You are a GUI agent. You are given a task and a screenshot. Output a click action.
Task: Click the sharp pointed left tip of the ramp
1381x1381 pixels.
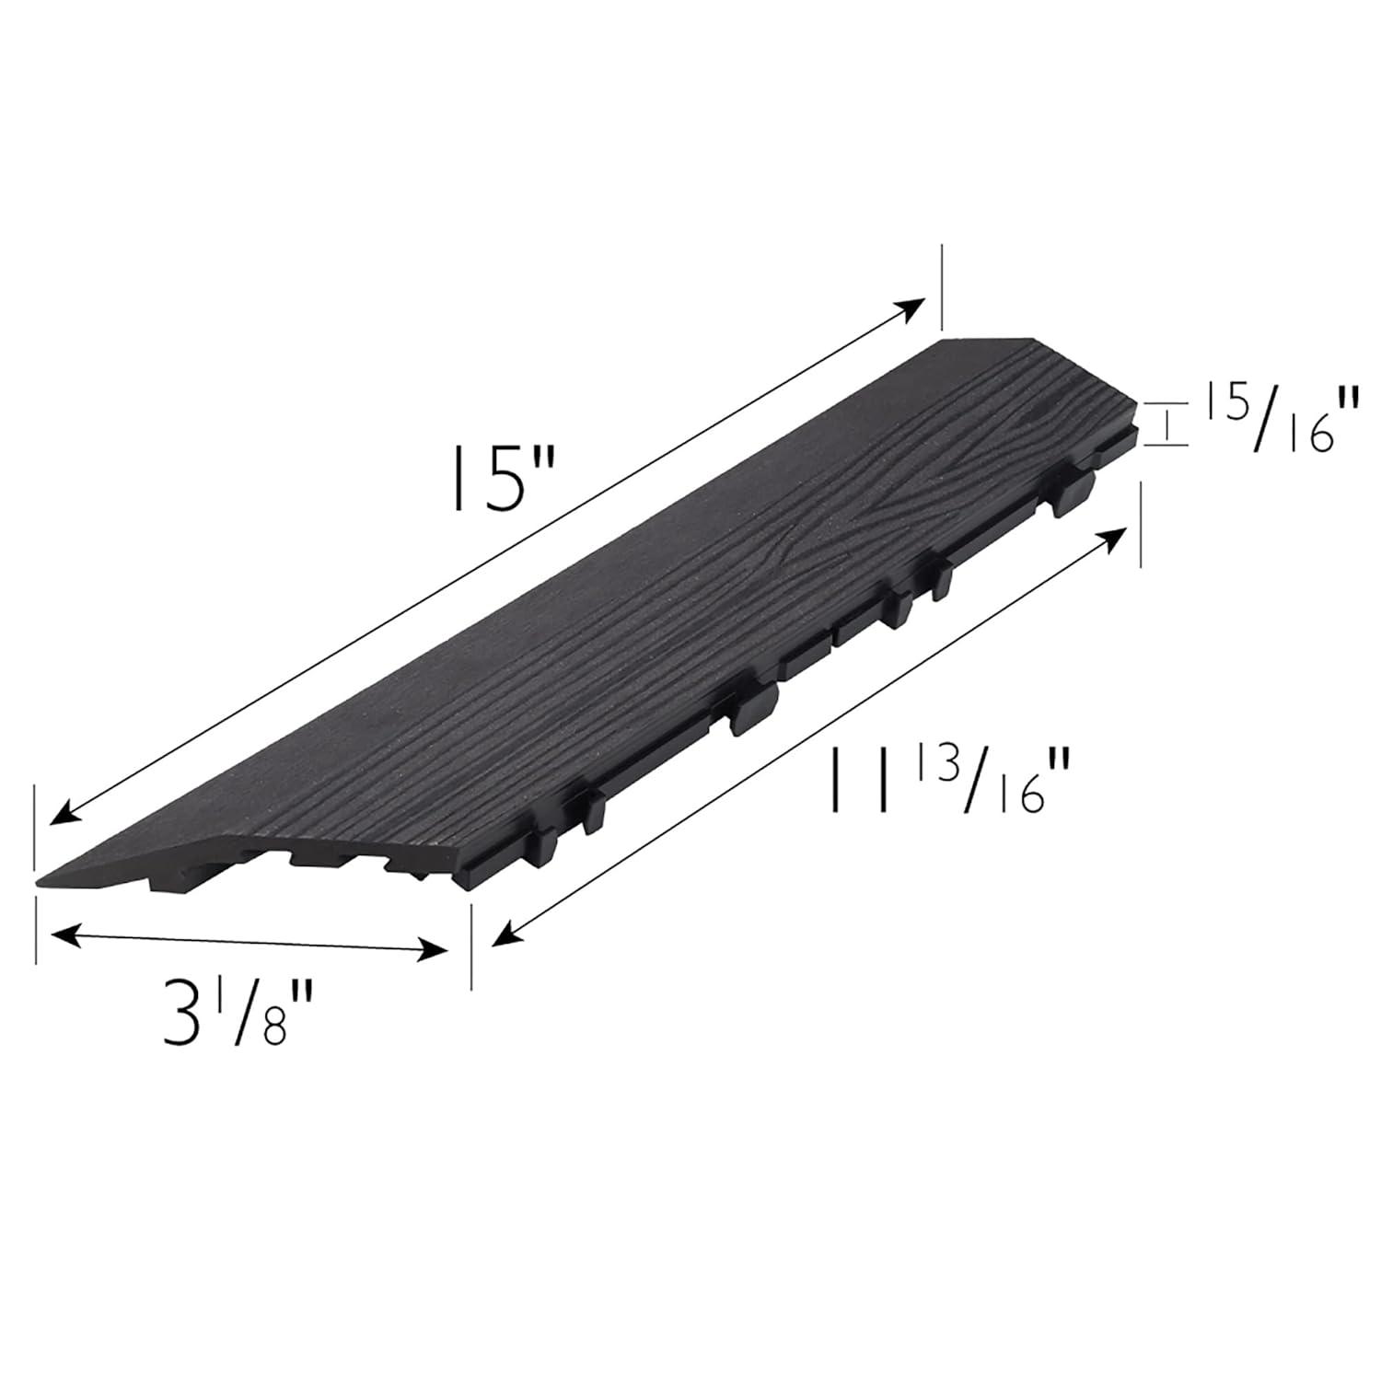pyautogui.click(x=39, y=883)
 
